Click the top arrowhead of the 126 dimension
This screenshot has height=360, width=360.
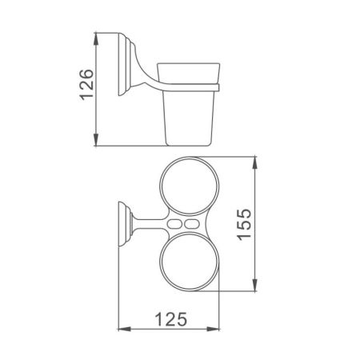pos(97,38)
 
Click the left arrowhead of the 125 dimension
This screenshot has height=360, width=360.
pos(121,328)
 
